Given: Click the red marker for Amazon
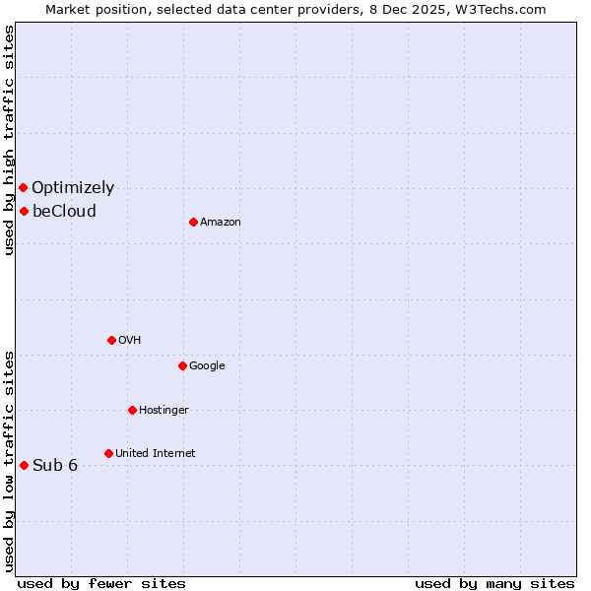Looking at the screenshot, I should click(193, 222).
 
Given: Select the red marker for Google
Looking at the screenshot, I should click(182, 365).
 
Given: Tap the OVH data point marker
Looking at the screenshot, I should click(111, 340).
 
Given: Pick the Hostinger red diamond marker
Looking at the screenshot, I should click(132, 410).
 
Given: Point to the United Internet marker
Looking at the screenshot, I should click(108, 453).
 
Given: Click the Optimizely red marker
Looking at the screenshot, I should click(23, 187).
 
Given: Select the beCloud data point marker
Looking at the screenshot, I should click(24, 211).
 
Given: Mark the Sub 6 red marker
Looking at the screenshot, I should click(24, 465).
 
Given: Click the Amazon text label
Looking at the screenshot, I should click(221, 223).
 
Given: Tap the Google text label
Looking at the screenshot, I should click(207, 366).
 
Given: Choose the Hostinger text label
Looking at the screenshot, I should click(164, 411).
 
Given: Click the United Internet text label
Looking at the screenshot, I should click(155, 454).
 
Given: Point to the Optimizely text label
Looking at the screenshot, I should click(73, 188).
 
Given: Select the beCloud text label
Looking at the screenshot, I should click(64, 212).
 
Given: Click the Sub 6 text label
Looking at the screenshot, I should click(55, 466).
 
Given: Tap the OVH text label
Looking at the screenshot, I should click(129, 341).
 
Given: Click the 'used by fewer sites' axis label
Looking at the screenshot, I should click(101, 583).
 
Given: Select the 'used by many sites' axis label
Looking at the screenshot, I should click(494, 583).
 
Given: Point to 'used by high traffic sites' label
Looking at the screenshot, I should click(9, 140).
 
